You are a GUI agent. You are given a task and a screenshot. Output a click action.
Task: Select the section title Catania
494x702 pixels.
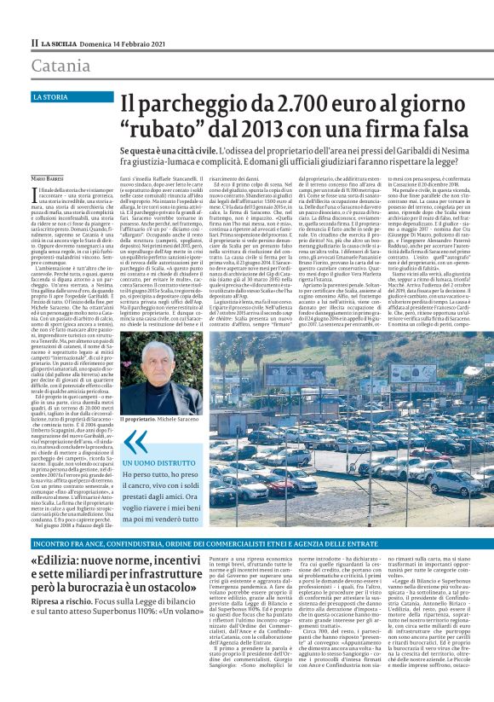point(61,66)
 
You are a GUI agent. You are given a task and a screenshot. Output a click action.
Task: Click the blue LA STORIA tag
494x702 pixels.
point(52,97)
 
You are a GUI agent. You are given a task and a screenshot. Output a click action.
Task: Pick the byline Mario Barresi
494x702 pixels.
point(49,177)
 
